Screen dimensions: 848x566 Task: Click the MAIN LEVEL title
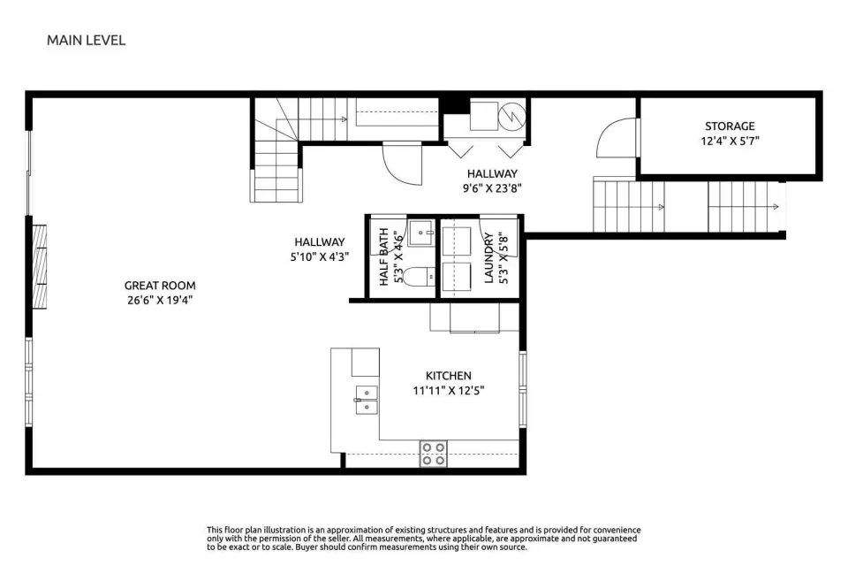[x=86, y=40]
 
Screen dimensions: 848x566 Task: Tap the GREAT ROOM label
[x=160, y=286]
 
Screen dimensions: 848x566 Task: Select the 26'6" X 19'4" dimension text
[x=160, y=300]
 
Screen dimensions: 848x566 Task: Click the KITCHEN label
[x=449, y=375]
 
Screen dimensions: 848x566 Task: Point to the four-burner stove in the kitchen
[x=434, y=454]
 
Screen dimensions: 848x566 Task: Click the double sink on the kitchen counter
[x=367, y=400]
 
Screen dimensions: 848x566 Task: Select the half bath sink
[x=421, y=233]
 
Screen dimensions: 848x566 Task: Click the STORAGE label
[x=730, y=126]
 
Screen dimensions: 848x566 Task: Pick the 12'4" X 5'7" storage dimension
[x=731, y=141]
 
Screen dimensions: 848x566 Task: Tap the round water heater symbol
[x=511, y=116]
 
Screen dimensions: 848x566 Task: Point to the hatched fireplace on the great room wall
[x=39, y=267]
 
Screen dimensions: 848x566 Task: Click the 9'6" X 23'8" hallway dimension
[x=492, y=188]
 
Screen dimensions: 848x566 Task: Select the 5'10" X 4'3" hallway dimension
[x=320, y=256]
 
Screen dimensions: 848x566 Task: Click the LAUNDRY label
[x=488, y=258]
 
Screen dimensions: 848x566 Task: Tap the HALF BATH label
[x=384, y=256]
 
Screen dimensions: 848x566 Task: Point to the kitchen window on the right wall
[x=522, y=388]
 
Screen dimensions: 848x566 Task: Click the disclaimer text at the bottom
[x=423, y=539]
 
